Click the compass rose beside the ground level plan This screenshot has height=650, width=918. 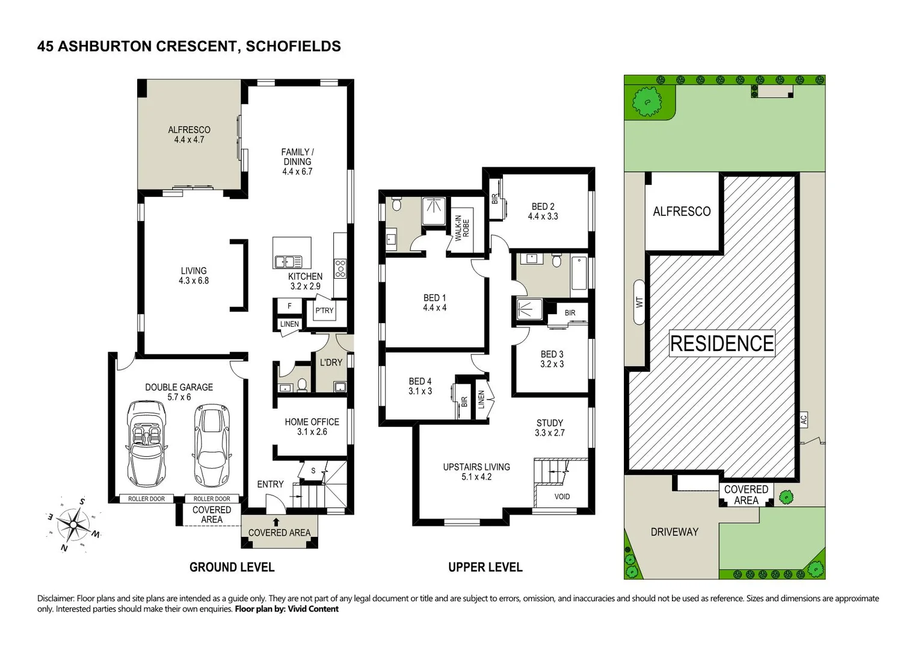coord(73,524)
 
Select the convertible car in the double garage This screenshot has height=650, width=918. coord(146,444)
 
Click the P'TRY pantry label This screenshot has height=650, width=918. coord(324,311)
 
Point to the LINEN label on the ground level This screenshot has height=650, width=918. coord(289,324)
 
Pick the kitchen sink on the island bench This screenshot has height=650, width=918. coord(288,261)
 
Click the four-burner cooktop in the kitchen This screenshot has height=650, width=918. coord(340,268)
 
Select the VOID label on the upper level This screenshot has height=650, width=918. coord(562,497)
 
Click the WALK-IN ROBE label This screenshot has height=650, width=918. coord(462,228)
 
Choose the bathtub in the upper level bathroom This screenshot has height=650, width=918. coord(579,276)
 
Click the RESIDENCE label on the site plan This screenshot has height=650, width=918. coord(722,344)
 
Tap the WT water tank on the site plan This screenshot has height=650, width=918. coord(639,302)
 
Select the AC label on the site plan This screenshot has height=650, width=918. coord(803,419)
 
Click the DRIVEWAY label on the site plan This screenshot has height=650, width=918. coord(674,532)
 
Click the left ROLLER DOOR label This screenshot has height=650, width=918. coord(146,499)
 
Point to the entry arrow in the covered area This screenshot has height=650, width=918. coord(276,522)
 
